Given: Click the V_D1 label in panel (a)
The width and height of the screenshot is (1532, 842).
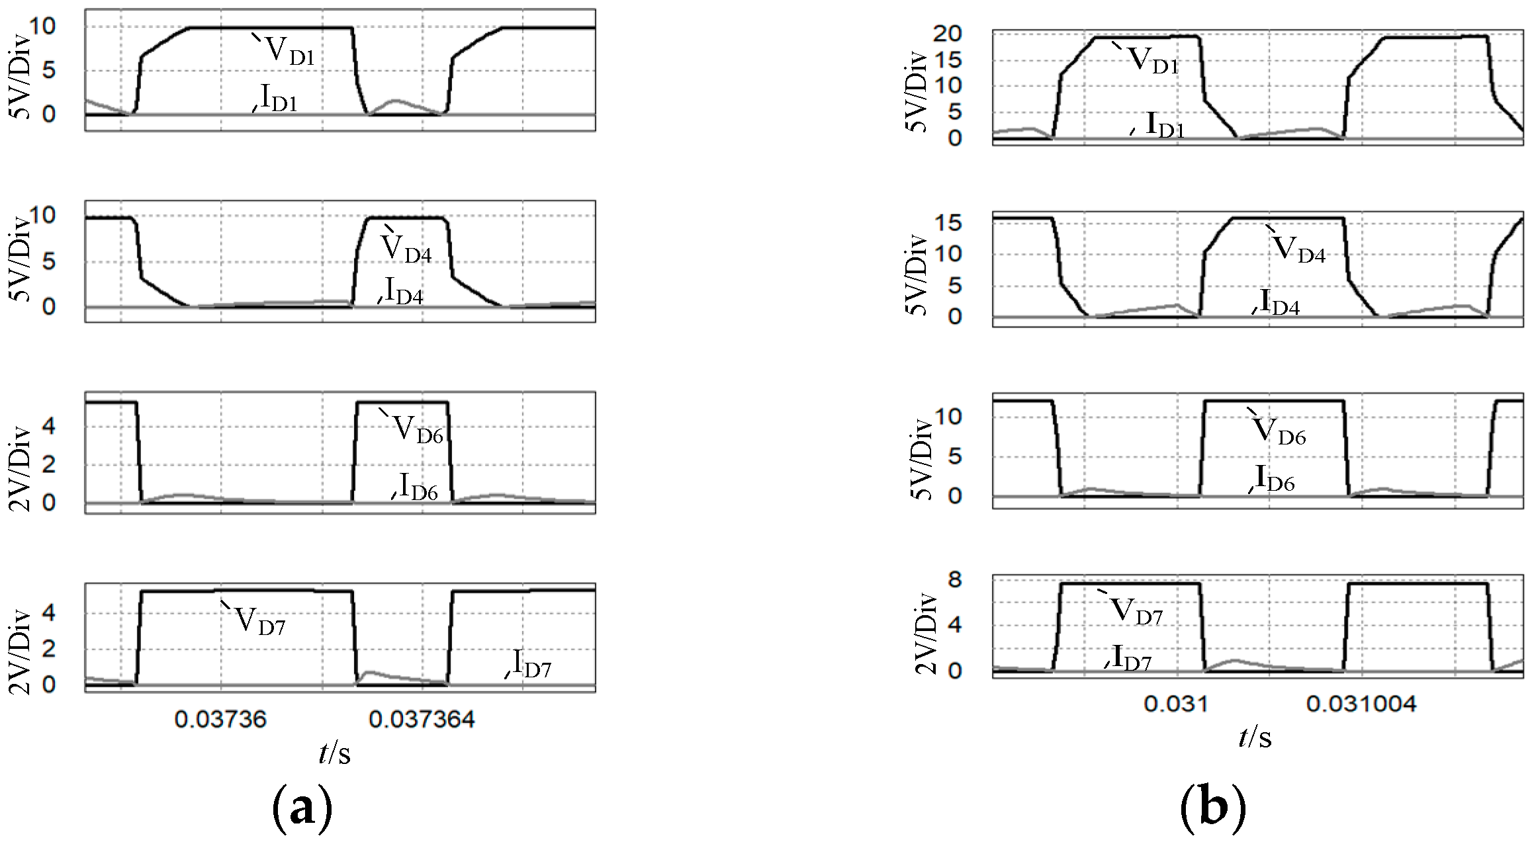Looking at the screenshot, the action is (x=289, y=51).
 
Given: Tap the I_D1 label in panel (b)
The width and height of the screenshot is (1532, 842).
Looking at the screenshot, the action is (x=1165, y=124).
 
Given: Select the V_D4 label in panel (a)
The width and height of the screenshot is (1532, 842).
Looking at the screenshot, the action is (x=406, y=249).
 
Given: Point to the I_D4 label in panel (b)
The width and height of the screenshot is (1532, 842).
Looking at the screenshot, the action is (x=1280, y=302).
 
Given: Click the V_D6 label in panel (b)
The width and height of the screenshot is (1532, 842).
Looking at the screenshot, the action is (x=1280, y=431).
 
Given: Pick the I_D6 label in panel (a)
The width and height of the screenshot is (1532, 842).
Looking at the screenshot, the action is (x=419, y=487).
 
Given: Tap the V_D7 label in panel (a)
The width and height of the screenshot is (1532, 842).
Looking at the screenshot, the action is (x=260, y=621).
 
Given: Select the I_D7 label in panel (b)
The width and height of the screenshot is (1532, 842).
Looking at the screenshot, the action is (x=1132, y=657).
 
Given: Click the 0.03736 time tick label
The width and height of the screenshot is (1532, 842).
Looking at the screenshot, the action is (x=220, y=719).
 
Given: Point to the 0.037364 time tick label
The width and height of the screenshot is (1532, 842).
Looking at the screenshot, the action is (x=422, y=719).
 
